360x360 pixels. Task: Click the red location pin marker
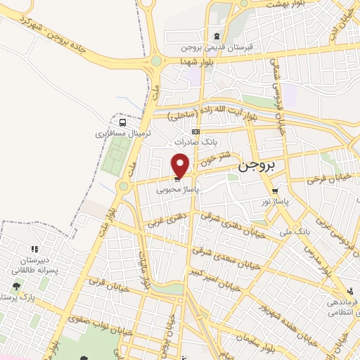coord(181,165)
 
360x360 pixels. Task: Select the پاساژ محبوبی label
coord(177,189)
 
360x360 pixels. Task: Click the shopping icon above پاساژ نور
coord(275,190)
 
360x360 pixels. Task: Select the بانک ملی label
coord(295,231)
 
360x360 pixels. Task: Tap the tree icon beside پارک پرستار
coord(16,286)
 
